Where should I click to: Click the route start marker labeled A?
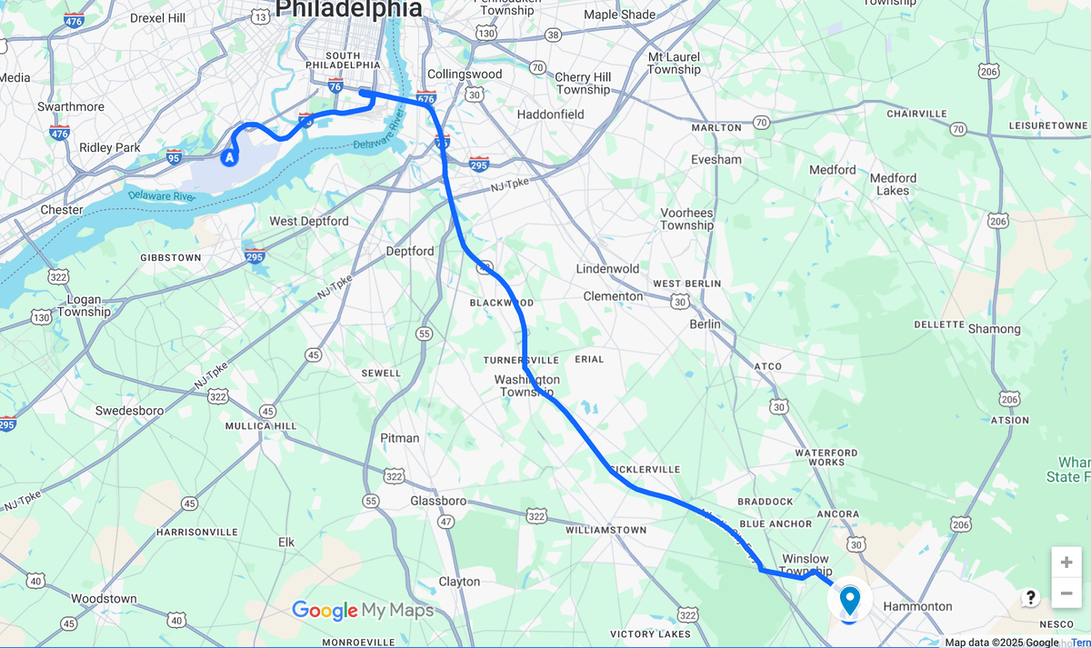tap(229, 158)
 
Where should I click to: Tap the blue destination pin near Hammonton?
tap(849, 600)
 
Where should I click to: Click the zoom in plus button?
tap(1066, 563)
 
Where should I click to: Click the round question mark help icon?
tap(1030, 597)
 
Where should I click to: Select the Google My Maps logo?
tap(363, 611)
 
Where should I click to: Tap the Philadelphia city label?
tap(348, 10)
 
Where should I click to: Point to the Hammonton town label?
tap(917, 606)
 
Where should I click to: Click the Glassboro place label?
tap(438, 501)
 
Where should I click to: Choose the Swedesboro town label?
tap(130, 411)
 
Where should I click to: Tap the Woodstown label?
tap(104, 599)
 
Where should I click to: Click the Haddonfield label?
tap(550, 115)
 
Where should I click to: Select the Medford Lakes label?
tap(893, 184)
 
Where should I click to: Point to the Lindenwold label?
tap(607, 269)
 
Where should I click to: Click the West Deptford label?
tap(308, 222)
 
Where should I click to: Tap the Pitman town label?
tap(400, 438)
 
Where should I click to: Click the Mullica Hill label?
tap(262, 425)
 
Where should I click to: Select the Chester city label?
tap(61, 210)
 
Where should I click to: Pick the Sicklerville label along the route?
tap(646, 469)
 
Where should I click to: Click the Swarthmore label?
tap(71, 106)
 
